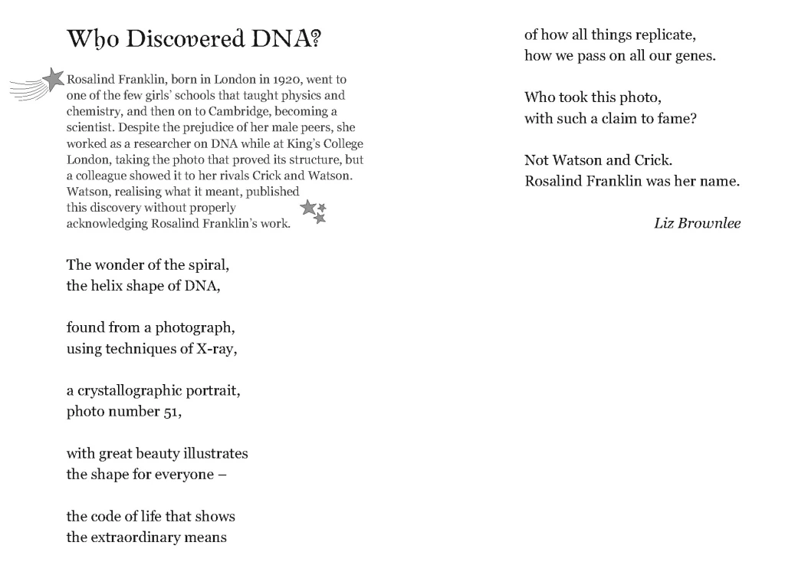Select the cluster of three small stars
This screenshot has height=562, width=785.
tap(314, 211)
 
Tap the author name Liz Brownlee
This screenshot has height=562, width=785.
tap(697, 223)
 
